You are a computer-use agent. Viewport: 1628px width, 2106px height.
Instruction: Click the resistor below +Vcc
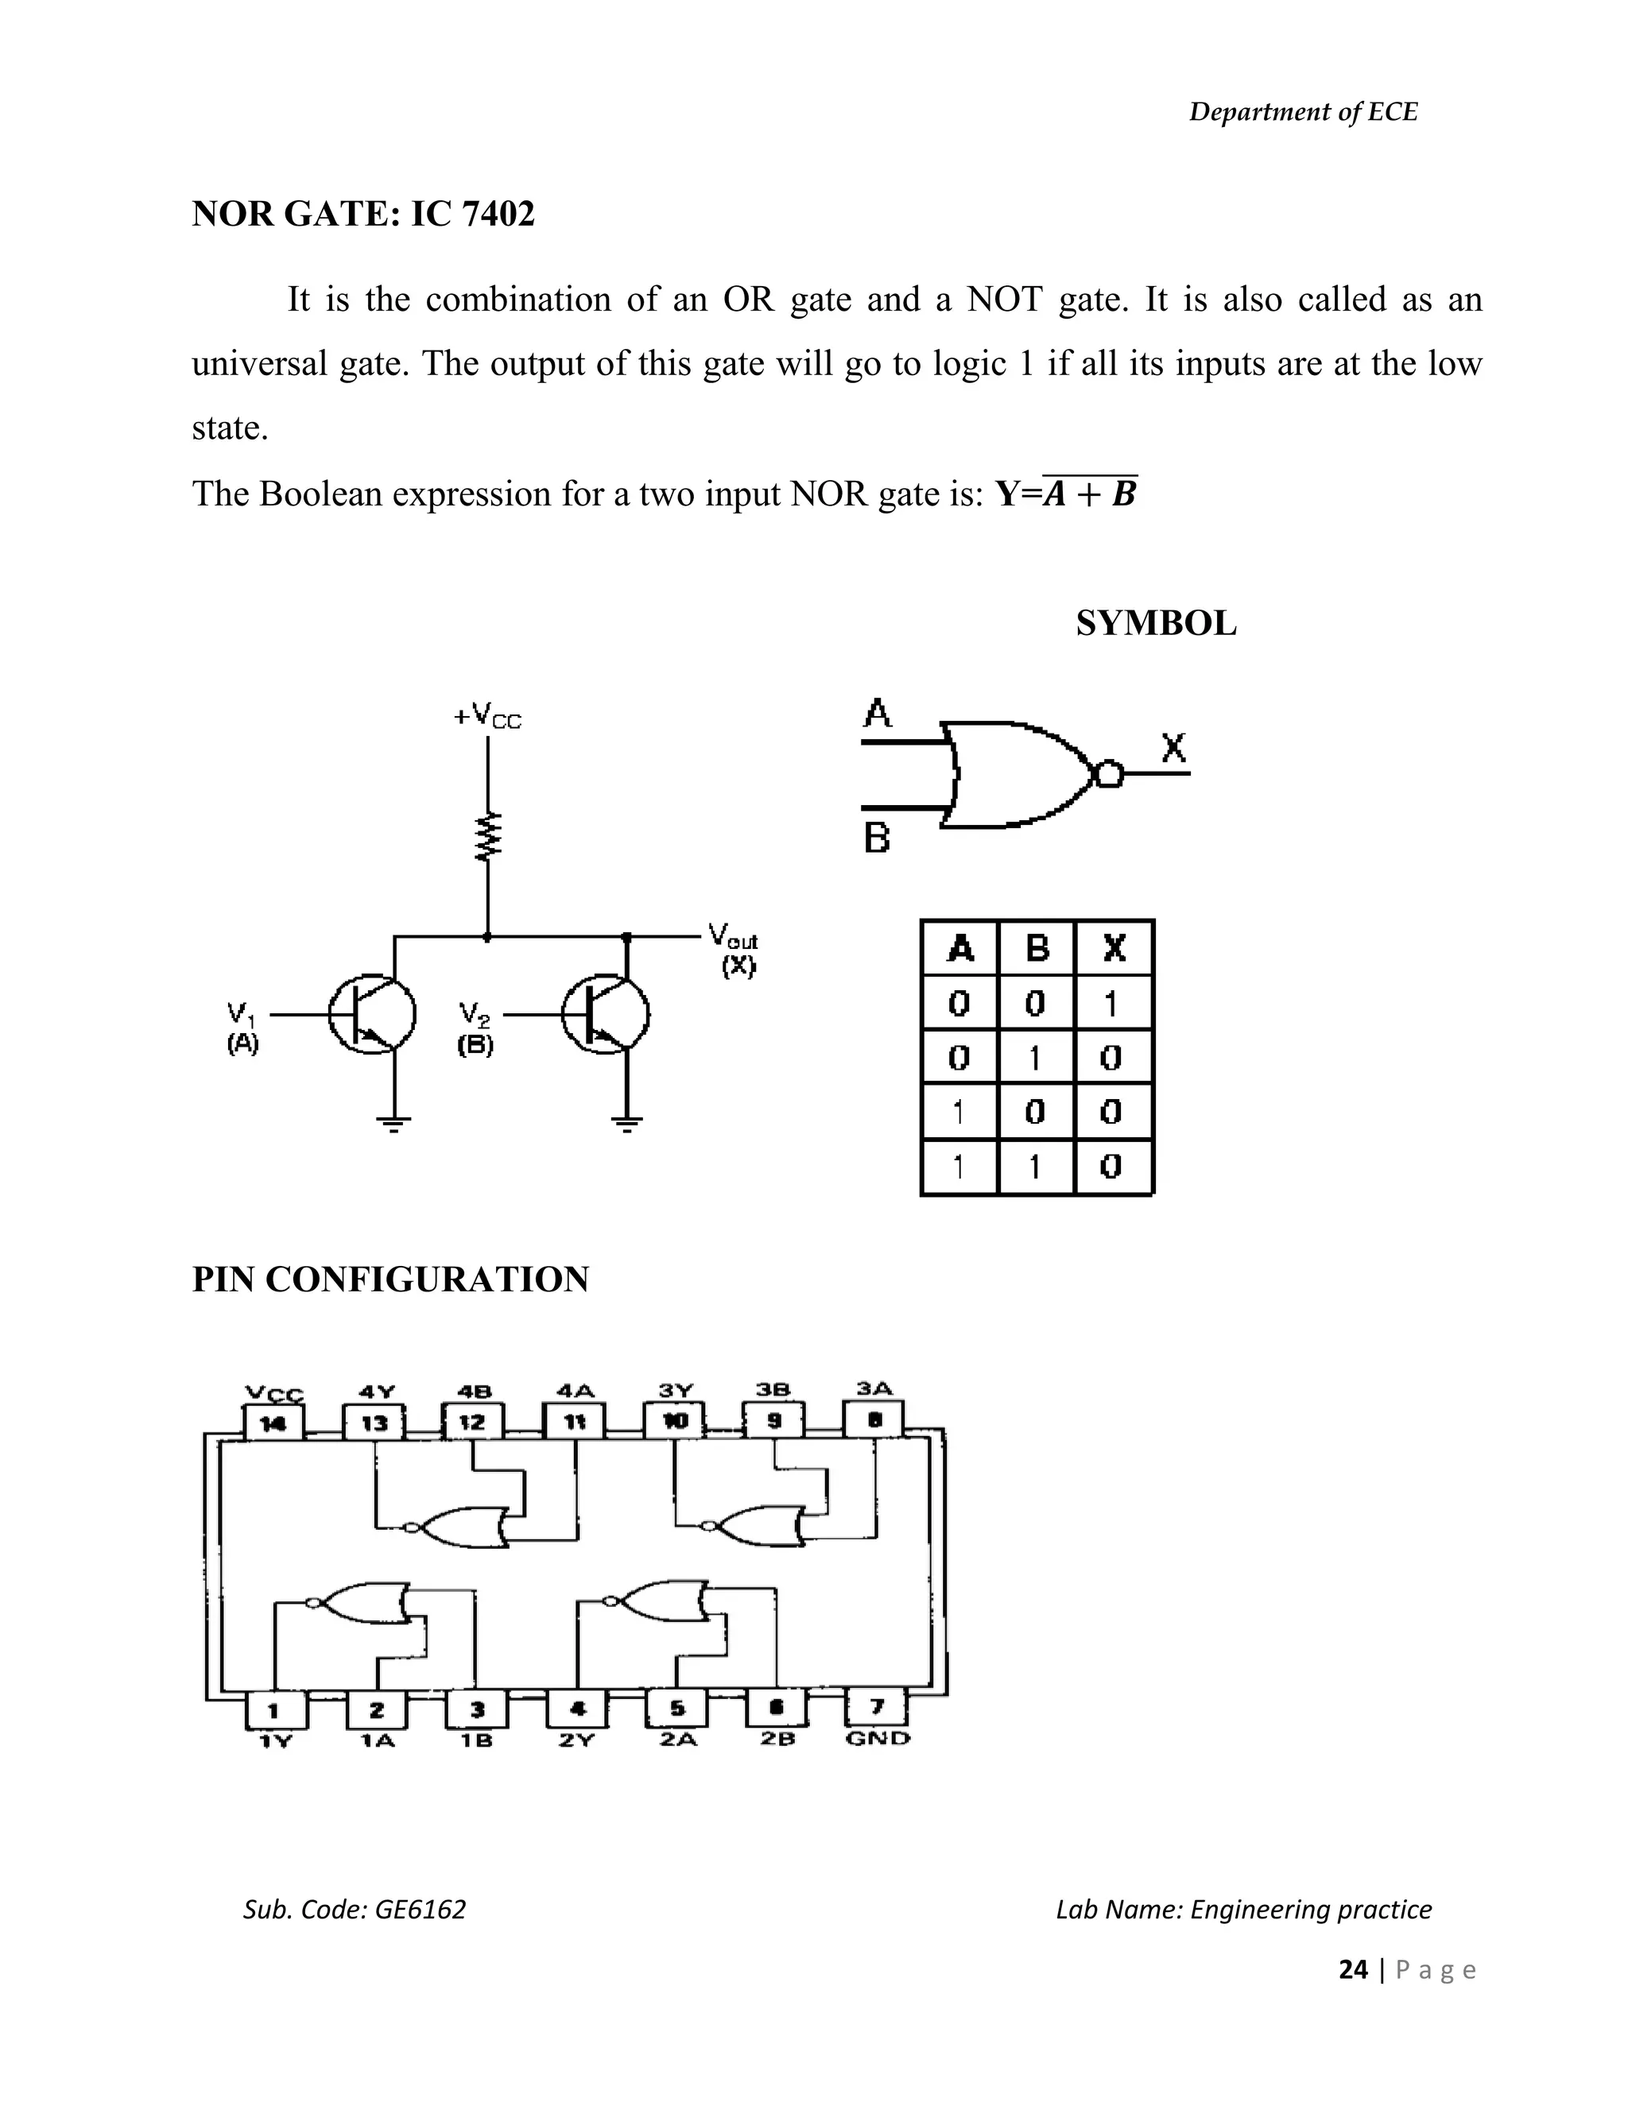488,835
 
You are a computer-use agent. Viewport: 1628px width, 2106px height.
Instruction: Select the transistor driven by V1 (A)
372,1014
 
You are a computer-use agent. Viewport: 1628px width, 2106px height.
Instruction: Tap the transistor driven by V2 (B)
607,1014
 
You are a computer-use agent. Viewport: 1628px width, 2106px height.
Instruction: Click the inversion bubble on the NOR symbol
1109,773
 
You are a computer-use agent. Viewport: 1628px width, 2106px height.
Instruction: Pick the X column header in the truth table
1114,948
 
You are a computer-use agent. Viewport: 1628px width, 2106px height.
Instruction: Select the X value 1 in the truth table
1111,1004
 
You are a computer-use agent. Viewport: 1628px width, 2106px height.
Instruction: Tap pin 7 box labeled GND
877,1708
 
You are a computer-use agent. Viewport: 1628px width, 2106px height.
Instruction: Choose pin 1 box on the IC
274,1709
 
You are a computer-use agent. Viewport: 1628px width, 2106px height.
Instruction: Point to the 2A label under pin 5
677,1739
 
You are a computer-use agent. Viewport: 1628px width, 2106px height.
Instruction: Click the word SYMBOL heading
1155,624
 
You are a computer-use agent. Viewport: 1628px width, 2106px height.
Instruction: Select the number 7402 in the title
498,213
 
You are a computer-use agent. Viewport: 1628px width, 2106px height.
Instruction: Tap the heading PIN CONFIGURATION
390,1279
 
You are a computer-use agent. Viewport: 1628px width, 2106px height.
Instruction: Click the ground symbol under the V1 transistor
393,1121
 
